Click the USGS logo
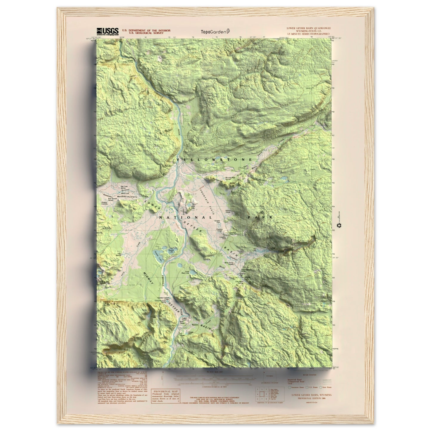point(107,31)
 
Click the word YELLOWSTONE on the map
point(214,160)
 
